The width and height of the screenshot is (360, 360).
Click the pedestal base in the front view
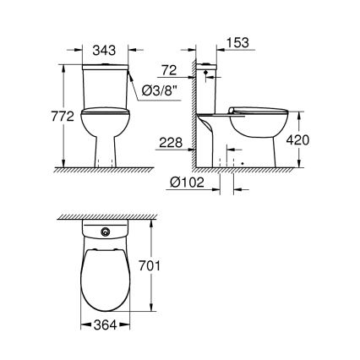(106, 150)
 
